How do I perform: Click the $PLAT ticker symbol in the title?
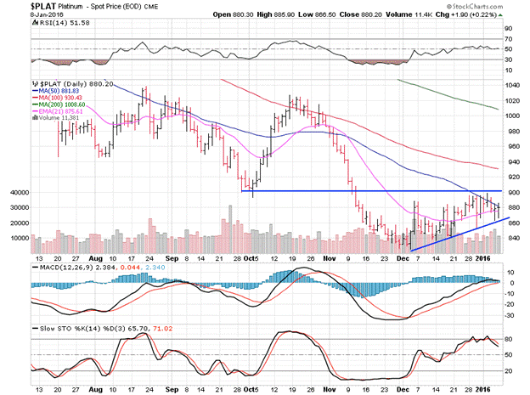pyautogui.click(x=18, y=5)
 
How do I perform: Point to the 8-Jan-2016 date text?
pyautogui.click(x=21, y=14)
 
